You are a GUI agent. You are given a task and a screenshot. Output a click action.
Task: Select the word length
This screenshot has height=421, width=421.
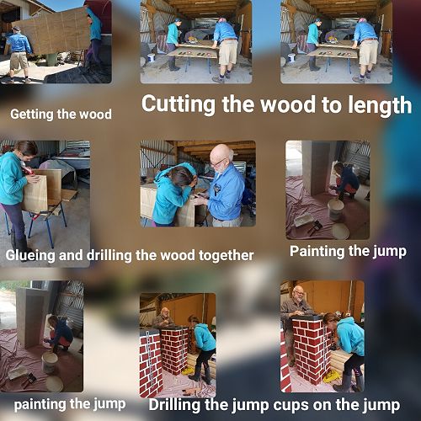380,104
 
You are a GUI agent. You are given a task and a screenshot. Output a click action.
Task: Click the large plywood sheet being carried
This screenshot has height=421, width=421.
53,31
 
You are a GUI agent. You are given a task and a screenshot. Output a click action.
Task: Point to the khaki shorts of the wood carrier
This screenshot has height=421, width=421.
19,61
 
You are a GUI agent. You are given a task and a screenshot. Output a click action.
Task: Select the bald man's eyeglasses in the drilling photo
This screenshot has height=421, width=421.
216,163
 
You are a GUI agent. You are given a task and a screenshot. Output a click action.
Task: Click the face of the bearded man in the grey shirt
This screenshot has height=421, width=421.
299,294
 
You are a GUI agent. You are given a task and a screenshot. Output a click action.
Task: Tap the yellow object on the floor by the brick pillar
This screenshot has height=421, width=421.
331,377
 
